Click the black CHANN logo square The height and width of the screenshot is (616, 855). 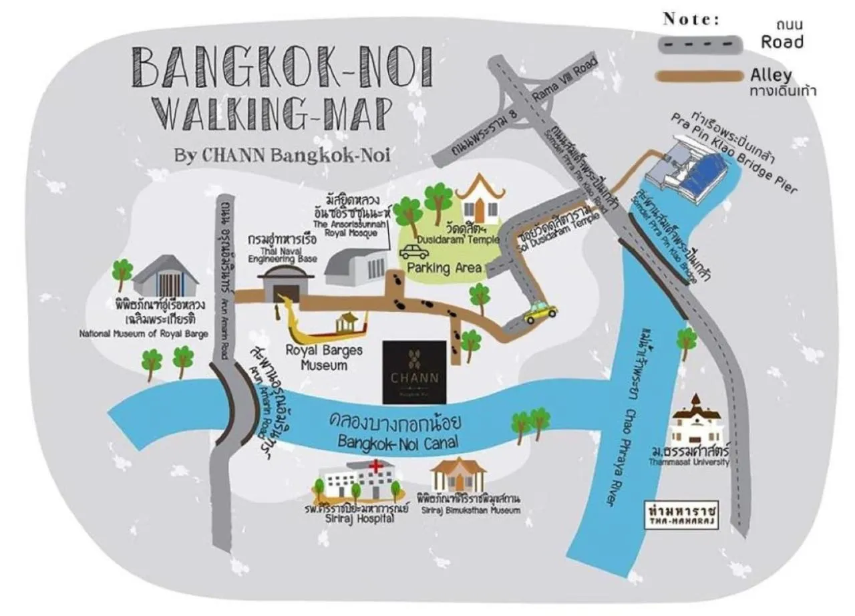(414, 372)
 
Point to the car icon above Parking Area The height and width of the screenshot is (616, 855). (414, 251)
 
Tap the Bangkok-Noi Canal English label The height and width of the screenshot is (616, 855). (391, 442)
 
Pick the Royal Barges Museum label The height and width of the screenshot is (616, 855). (324, 357)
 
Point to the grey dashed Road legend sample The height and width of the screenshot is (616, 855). (699, 44)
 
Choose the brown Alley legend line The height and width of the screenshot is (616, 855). (699, 75)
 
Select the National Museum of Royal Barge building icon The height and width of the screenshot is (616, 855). (166, 276)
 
